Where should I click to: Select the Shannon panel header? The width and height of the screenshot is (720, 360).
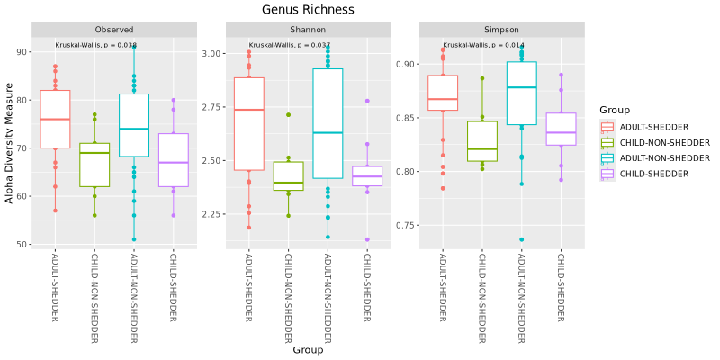tap(309, 29)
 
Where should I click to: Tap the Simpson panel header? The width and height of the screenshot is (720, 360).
tap(502, 29)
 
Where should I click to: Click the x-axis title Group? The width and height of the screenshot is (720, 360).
tap(308, 351)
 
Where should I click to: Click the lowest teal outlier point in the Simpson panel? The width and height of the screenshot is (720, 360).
tap(521, 239)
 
